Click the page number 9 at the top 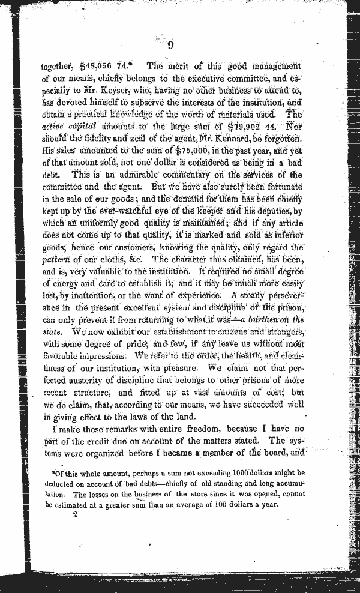170,45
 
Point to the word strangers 281,331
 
